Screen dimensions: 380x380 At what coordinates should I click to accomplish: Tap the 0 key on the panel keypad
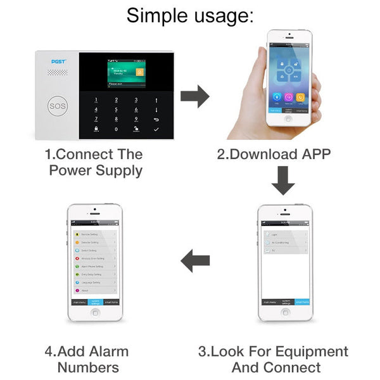(x=117, y=129)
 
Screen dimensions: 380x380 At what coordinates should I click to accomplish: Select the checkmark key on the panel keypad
(x=156, y=129)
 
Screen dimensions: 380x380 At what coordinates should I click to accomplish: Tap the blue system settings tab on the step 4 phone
(x=95, y=302)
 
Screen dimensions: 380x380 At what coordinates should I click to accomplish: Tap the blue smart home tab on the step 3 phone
(x=301, y=302)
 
